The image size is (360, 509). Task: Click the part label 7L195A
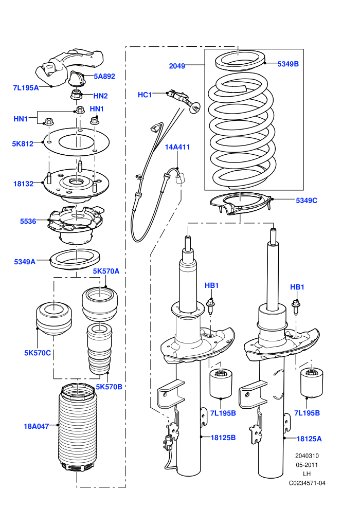point(26,87)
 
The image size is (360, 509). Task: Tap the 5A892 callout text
point(104,76)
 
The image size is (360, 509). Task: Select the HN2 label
point(100,96)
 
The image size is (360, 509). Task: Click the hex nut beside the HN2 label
point(77,95)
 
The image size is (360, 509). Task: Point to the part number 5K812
point(23,143)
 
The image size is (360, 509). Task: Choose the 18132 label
point(23,184)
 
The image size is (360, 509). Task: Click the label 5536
point(28,222)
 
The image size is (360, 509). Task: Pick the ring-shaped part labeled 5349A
point(75,259)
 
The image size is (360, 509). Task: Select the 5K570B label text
point(109,387)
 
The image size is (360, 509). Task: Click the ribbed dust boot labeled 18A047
point(77,428)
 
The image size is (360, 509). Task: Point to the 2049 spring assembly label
point(177,66)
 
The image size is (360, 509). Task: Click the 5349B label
point(288,64)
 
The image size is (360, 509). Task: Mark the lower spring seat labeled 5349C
point(240,204)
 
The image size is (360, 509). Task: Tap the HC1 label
point(145,95)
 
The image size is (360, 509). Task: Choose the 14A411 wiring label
point(177,147)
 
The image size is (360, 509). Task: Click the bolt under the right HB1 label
point(296,307)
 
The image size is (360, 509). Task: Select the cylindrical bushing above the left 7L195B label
point(221,383)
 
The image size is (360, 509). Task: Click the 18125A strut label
point(309,439)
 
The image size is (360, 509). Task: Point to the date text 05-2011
point(307,465)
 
